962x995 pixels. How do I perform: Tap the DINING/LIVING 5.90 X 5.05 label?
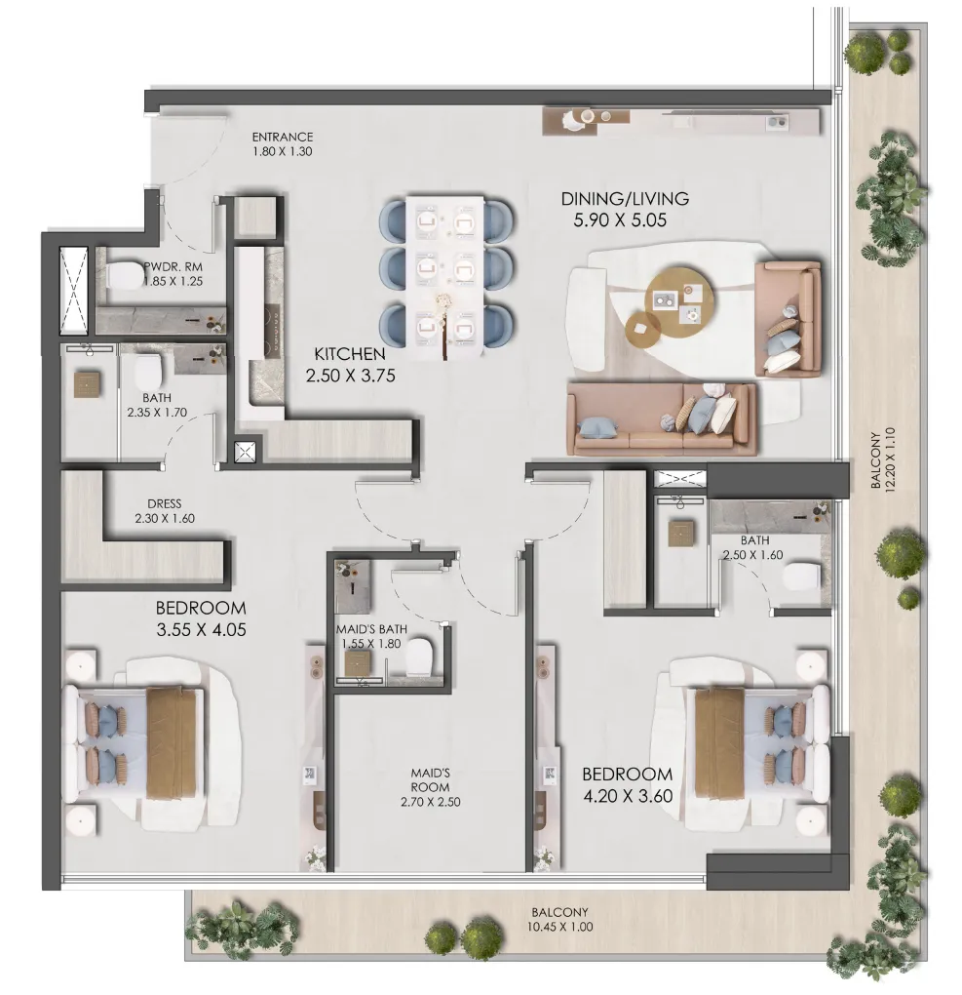point(625,209)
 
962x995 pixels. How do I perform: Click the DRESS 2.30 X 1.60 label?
point(165,511)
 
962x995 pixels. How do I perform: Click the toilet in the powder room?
point(125,277)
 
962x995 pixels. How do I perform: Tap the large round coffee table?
point(675,291)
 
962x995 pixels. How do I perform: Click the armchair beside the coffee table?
point(788,317)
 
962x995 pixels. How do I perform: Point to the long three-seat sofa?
point(662,418)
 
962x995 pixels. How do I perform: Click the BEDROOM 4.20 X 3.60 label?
point(627,783)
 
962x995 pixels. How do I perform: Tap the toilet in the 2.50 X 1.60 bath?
point(802,577)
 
